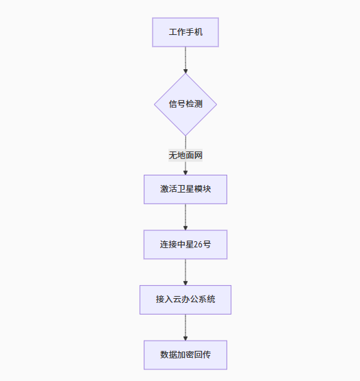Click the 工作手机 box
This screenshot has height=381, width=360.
pyautogui.click(x=185, y=32)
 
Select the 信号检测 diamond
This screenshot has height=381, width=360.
pyautogui.click(x=185, y=104)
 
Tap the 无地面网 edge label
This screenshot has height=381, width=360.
pyautogui.click(x=185, y=156)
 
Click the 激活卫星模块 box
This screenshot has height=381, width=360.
pyautogui.click(x=185, y=189)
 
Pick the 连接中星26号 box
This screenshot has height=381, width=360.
pyautogui.click(x=185, y=245)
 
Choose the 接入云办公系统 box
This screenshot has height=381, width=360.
pyautogui.click(x=185, y=299)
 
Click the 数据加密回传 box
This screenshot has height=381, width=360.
pyautogui.click(x=185, y=355)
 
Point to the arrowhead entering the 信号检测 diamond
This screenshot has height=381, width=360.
pyautogui.click(x=185, y=71)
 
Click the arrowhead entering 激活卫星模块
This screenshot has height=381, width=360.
pyautogui.click(x=185, y=173)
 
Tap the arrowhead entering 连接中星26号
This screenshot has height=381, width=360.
pyautogui.click(x=185, y=228)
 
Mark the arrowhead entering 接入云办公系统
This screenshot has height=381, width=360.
pyautogui.click(x=185, y=283)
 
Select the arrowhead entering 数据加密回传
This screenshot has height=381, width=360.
pyautogui.click(x=185, y=339)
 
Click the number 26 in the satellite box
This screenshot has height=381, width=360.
pyautogui.click(x=198, y=245)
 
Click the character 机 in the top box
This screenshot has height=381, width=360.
pyautogui.click(x=198, y=32)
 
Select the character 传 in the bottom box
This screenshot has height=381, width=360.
pyautogui.click(x=207, y=355)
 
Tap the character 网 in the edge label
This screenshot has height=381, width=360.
pyautogui.click(x=198, y=156)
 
